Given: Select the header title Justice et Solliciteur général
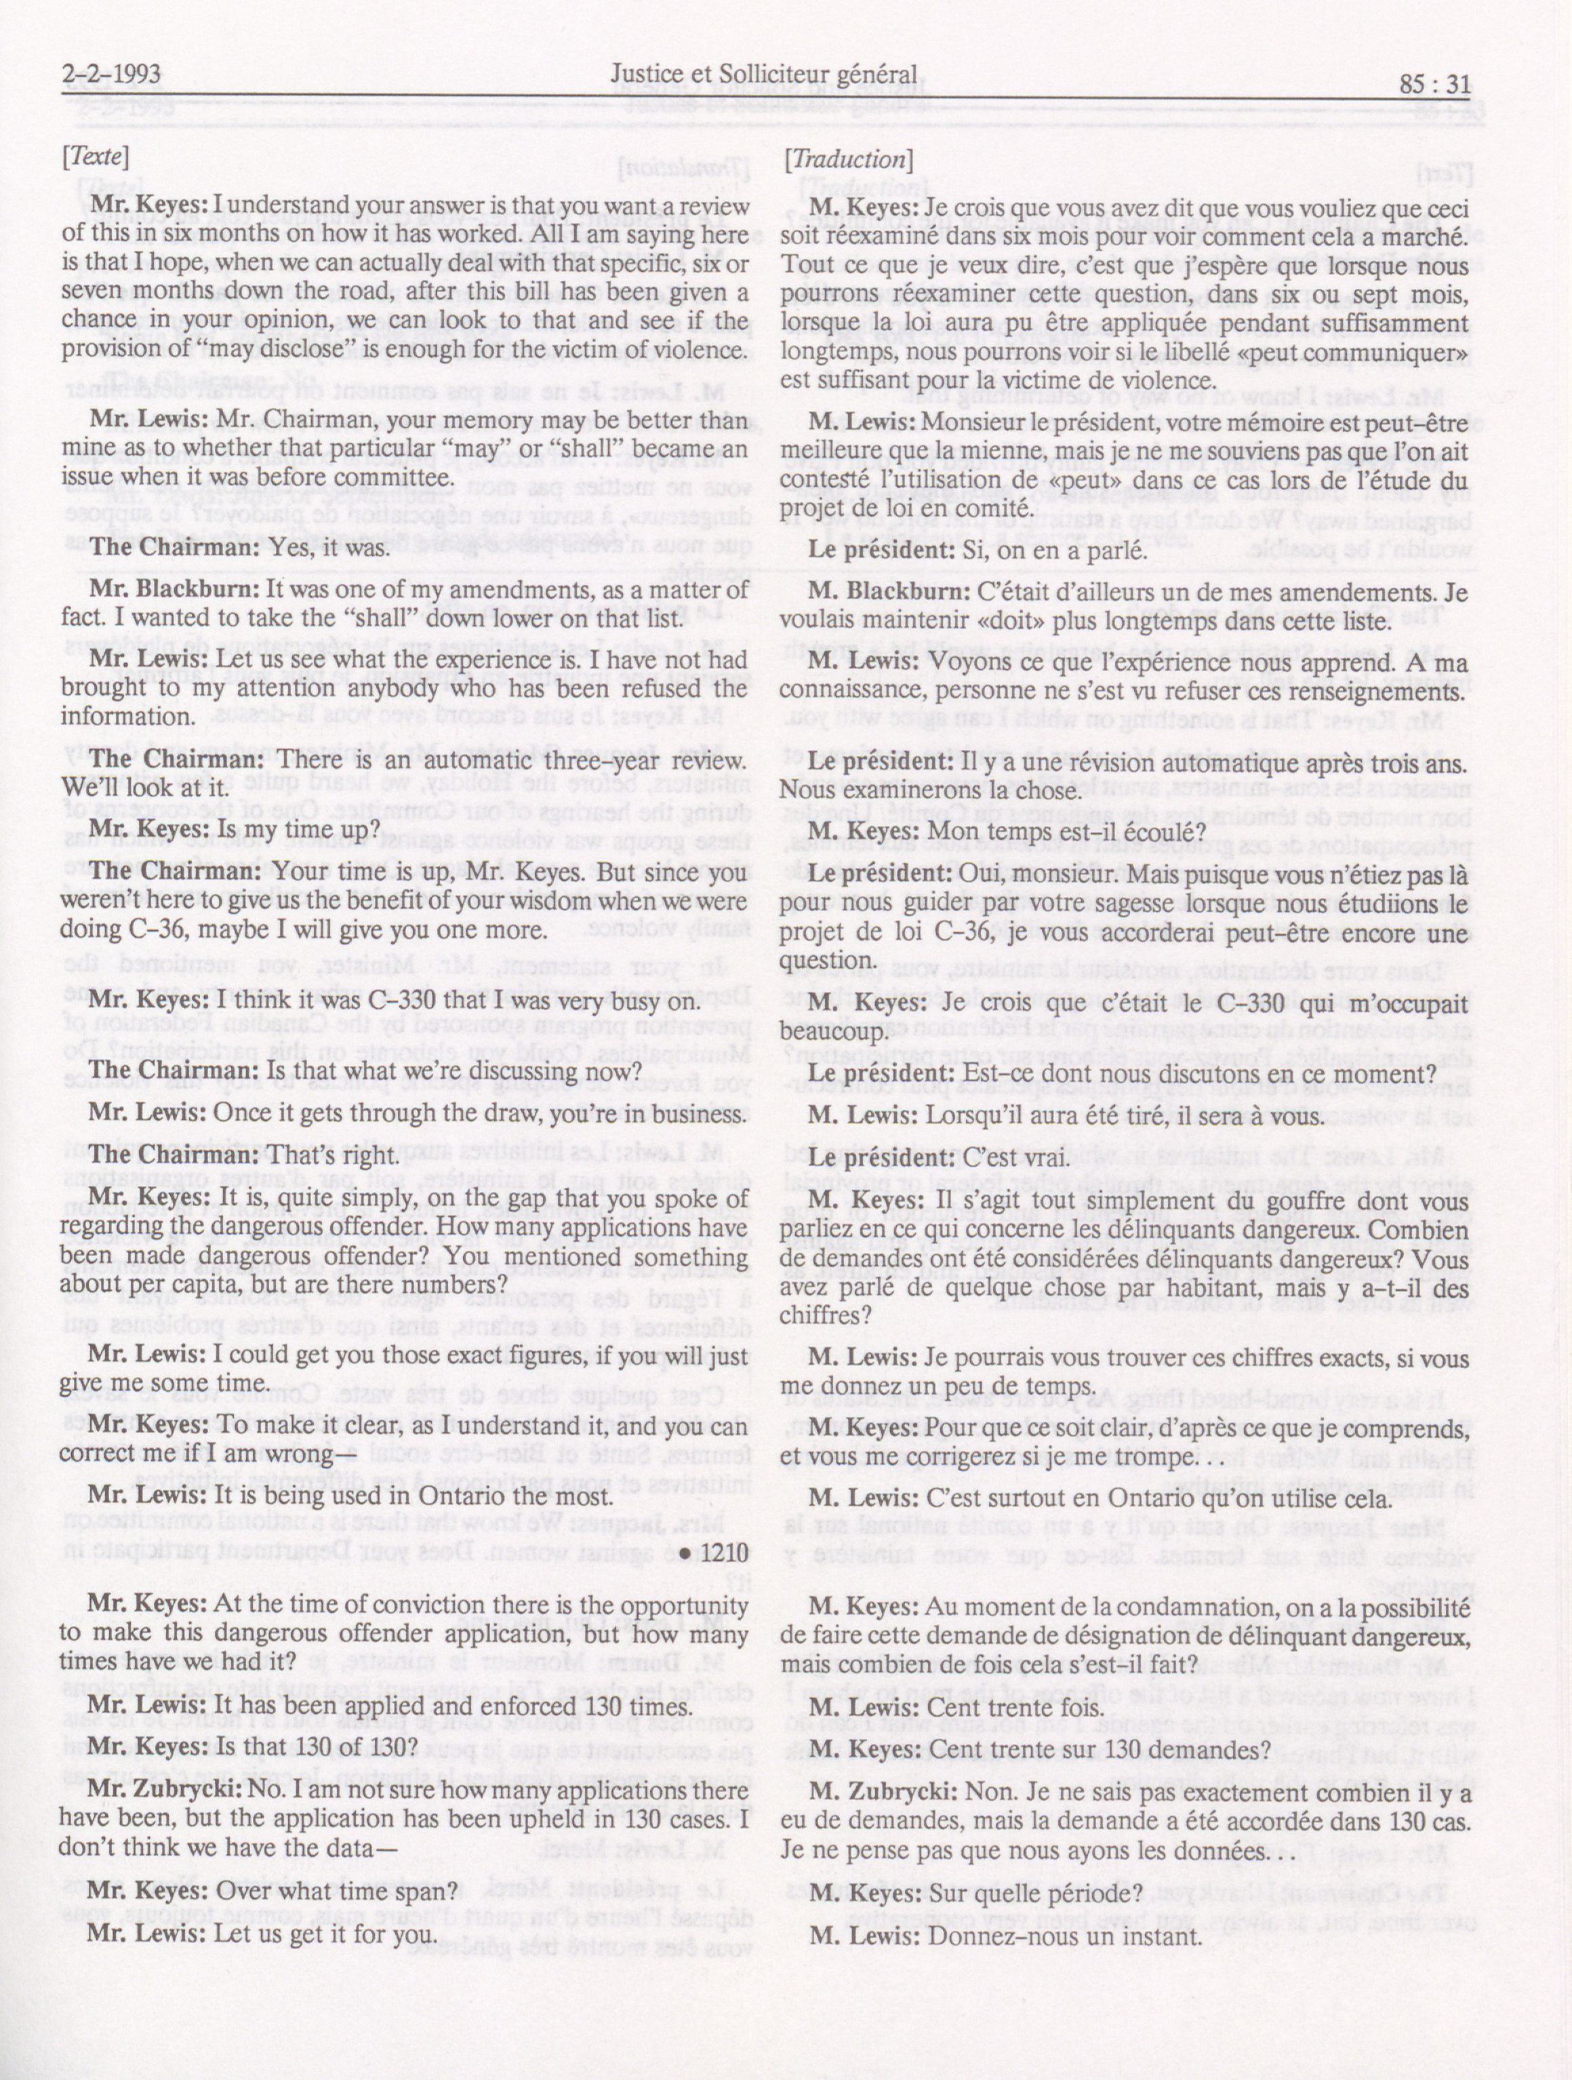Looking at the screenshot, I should click(763, 75).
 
